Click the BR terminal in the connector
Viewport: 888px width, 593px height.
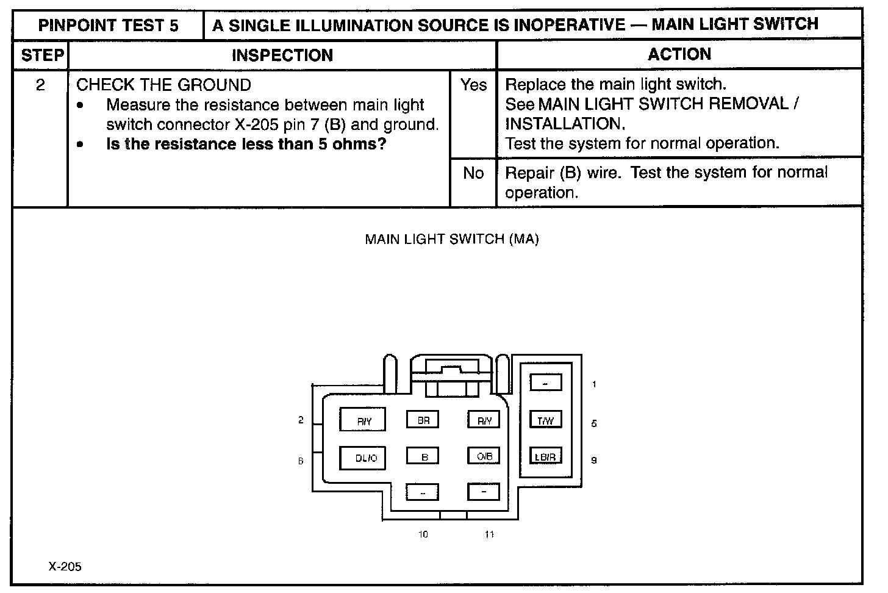[423, 420]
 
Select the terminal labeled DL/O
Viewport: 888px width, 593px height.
[362, 458]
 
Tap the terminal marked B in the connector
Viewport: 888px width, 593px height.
[423, 456]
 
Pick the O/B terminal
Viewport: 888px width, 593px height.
[484, 456]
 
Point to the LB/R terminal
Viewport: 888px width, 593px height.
[545, 456]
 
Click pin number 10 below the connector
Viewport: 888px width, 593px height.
[423, 534]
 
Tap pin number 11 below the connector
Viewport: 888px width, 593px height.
[489, 534]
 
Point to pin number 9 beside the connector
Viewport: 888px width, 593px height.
[594, 461]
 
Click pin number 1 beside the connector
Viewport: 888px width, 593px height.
[594, 384]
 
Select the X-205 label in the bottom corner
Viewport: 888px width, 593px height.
[65, 567]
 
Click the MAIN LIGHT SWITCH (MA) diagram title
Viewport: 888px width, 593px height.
[451, 239]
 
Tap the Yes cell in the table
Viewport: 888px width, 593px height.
[473, 85]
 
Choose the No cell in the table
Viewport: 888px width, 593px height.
[473, 173]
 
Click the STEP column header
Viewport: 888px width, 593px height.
[41, 56]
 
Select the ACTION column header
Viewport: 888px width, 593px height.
[679, 54]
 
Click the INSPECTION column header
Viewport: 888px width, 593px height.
[282, 56]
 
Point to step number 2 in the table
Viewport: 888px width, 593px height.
[40, 85]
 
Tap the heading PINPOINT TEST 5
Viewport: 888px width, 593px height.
[108, 26]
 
